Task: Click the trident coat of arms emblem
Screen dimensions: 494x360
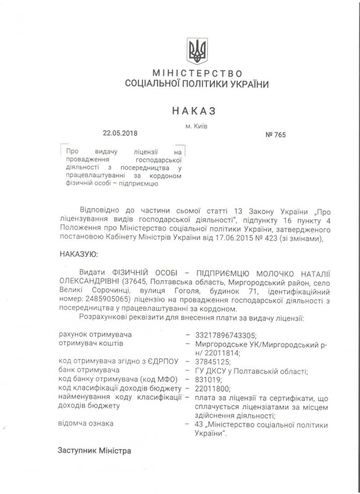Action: pyautogui.click(x=197, y=51)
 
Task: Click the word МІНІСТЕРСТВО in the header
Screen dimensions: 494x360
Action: pyautogui.click(x=197, y=73)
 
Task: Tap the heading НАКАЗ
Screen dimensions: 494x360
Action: pyautogui.click(x=193, y=111)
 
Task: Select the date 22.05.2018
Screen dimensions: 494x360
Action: pyautogui.click(x=120, y=133)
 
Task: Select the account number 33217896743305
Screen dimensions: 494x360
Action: pyautogui.click(x=224, y=335)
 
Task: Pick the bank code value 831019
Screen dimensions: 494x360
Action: pyautogui.click(x=209, y=379)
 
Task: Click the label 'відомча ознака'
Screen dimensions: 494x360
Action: pyautogui.click(x=86, y=423)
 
